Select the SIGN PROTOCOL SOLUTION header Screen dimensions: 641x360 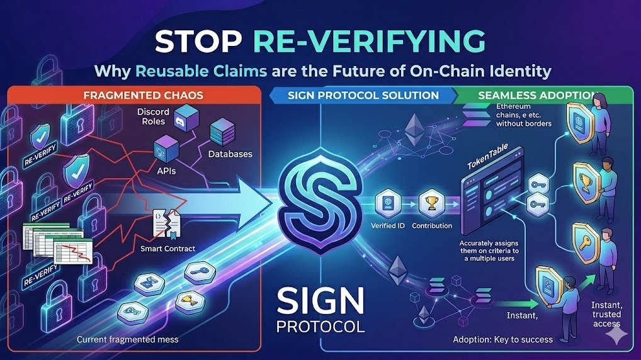tap(363, 95)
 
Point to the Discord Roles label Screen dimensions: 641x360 tap(152, 117)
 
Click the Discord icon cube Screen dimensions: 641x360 tap(181, 119)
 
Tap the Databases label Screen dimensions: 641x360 tap(230, 154)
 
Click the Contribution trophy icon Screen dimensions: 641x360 tap(431, 203)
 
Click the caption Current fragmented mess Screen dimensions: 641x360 tap(127, 340)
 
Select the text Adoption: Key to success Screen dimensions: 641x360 tap(502, 340)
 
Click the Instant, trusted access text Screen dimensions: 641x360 tap(606, 314)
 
